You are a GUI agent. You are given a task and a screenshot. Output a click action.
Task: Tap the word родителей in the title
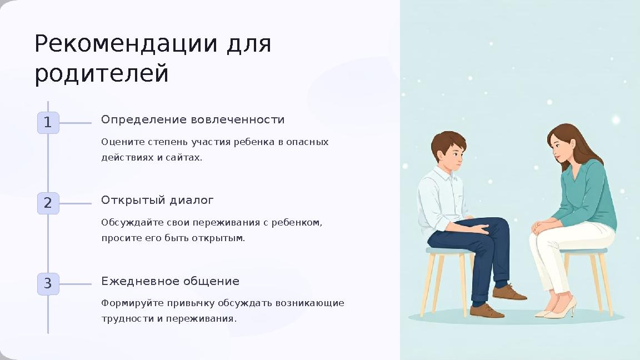(x=102, y=74)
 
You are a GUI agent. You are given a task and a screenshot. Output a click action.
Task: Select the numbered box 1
(x=48, y=123)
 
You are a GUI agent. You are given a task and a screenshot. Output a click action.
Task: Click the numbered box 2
(x=48, y=203)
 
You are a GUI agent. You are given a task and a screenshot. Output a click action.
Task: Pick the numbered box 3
(x=48, y=284)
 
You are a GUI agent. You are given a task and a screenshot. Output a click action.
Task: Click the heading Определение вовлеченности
(x=193, y=120)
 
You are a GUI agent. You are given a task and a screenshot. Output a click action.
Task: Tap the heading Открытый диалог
(x=157, y=200)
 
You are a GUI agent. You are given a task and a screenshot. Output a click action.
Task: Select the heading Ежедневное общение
(x=170, y=281)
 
